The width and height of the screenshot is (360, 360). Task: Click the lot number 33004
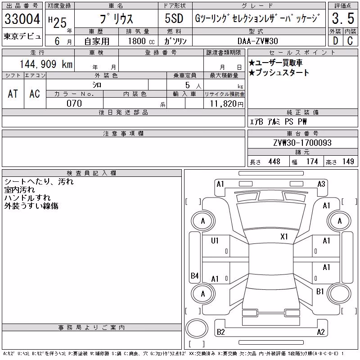(22, 19)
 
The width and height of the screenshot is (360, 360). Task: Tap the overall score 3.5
(343, 18)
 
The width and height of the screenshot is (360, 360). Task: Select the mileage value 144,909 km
(46, 64)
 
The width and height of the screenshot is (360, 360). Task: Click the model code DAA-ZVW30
(257, 41)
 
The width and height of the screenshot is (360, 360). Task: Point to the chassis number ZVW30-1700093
(302, 143)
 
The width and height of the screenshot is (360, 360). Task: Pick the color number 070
(74, 103)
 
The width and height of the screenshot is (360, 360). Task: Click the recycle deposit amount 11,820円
(226, 104)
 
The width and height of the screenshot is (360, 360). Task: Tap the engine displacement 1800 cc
(141, 41)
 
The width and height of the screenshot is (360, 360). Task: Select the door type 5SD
(174, 18)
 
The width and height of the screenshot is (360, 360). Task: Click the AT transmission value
(13, 94)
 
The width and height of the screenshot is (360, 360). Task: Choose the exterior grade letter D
(335, 41)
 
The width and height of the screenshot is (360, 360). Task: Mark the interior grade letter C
(350, 41)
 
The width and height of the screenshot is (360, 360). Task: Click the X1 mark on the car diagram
(284, 237)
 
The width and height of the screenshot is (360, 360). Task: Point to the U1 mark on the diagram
(215, 240)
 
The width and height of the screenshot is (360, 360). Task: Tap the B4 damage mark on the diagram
(195, 275)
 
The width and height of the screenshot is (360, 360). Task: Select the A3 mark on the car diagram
(321, 184)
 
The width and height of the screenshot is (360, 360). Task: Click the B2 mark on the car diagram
(220, 332)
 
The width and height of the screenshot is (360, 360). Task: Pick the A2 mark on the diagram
(321, 332)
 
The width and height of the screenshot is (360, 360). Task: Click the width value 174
(312, 162)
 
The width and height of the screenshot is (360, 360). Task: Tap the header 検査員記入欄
(91, 173)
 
